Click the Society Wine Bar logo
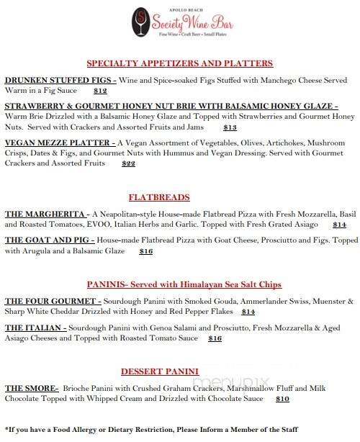(x=179, y=22)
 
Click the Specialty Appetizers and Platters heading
(x=179, y=63)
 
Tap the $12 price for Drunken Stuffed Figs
(x=100, y=91)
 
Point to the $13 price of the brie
(x=230, y=127)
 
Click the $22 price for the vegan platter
(x=129, y=163)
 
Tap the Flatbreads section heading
(x=159, y=197)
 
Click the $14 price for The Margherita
(x=340, y=225)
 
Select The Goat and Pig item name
(x=48, y=240)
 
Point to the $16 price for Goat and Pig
(x=146, y=251)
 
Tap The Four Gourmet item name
(x=52, y=301)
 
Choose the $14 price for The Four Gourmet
(x=248, y=312)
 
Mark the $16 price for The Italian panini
(x=215, y=338)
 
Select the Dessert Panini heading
(x=159, y=371)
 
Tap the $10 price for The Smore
(x=282, y=398)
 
